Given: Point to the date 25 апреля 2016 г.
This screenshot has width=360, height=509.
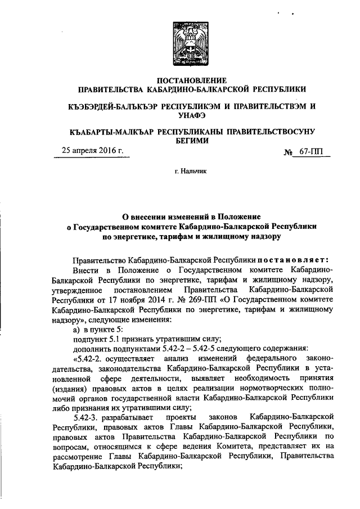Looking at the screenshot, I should pyautogui.click(x=92, y=151).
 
